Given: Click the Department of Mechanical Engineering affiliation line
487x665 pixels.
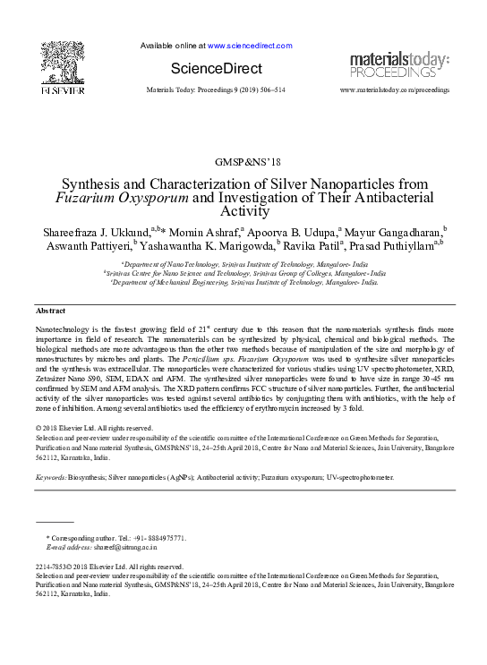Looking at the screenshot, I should [x=243, y=282].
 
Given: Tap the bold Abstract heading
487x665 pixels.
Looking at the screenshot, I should [x=50, y=311].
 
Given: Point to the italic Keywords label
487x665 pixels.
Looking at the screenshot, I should [x=50, y=479].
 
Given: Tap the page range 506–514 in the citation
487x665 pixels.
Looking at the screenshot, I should [x=268, y=91].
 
